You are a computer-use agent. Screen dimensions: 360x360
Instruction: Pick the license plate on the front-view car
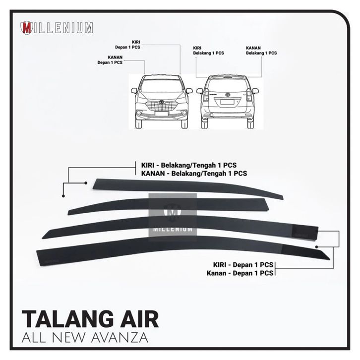tap(161, 114)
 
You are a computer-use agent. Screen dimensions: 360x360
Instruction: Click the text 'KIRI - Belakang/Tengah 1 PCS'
tap(190, 165)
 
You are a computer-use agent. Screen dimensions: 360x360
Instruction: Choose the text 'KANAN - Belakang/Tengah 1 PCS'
tap(191, 174)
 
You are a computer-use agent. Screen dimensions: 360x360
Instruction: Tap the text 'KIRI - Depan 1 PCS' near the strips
tap(240, 265)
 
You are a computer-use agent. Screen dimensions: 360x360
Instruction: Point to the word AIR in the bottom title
tap(140, 318)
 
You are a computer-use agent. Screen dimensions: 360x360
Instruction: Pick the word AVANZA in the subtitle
tap(120, 339)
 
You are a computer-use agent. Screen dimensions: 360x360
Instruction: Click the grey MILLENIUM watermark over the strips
tap(173, 216)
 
